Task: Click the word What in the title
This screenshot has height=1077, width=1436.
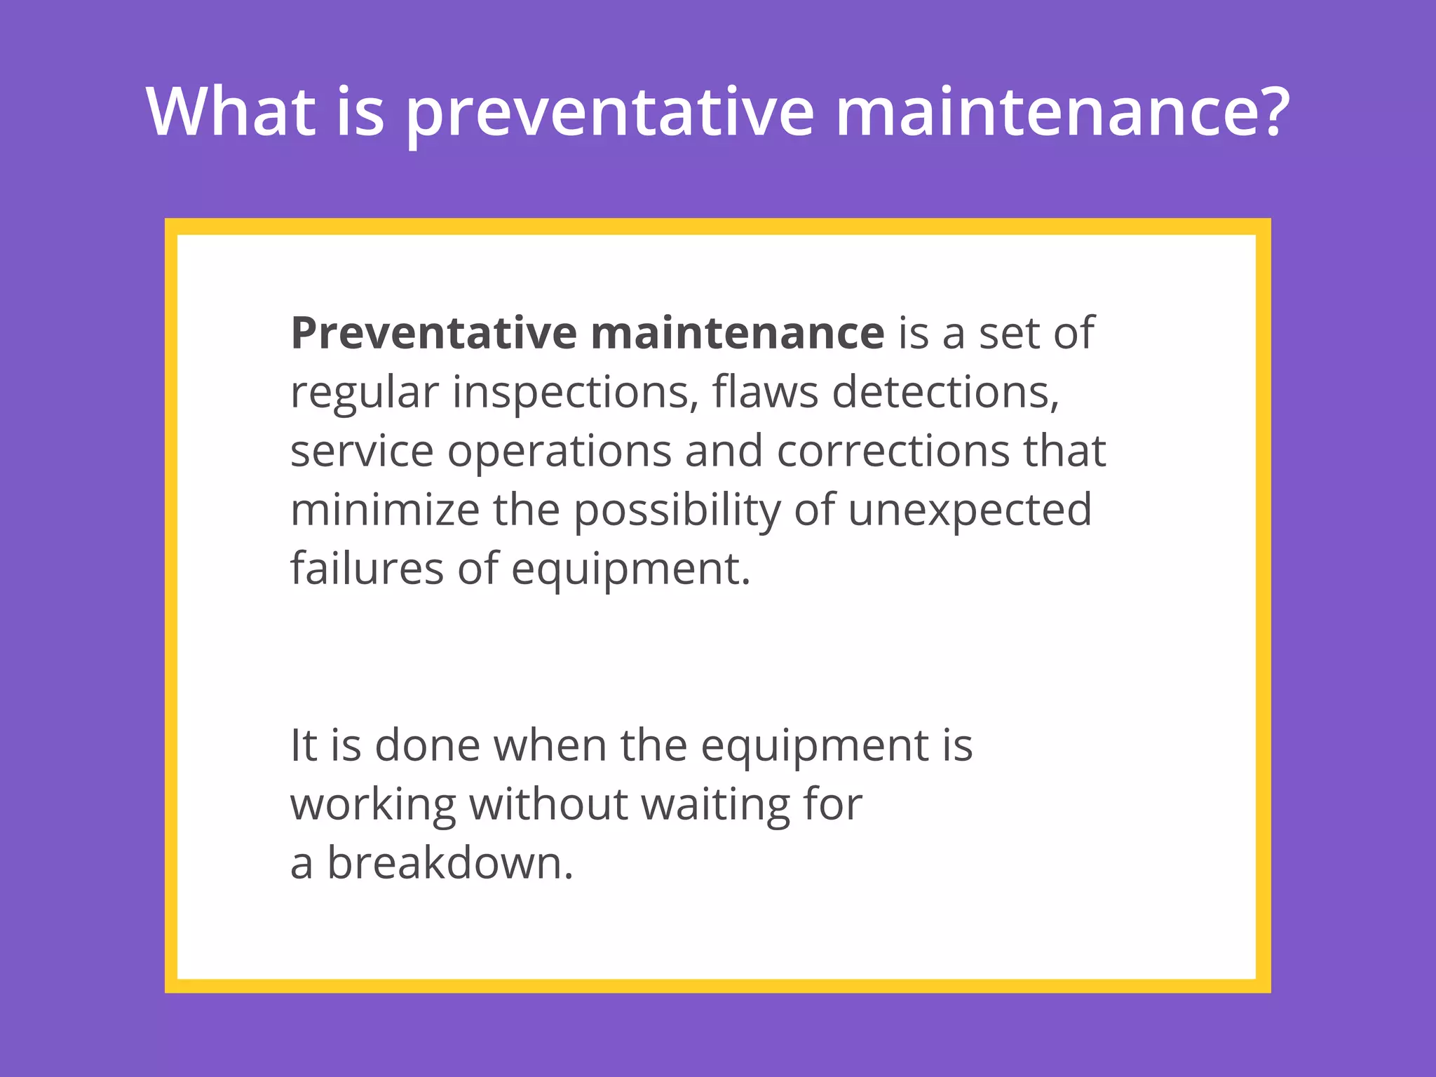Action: (231, 112)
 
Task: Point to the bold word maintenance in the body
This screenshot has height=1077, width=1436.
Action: (737, 334)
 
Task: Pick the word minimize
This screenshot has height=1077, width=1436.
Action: (384, 510)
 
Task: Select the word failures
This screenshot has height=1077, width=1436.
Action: (367, 569)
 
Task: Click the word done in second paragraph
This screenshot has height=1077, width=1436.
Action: (427, 745)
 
